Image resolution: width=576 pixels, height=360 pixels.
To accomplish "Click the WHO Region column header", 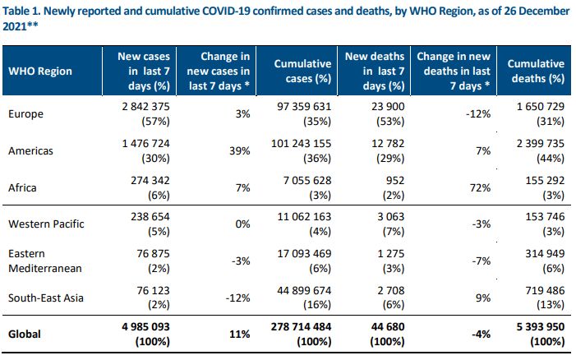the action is click(x=40, y=71).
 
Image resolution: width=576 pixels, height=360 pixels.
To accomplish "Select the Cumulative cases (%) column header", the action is click(x=302, y=71).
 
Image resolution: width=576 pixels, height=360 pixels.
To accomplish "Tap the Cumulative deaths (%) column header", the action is click(x=536, y=71).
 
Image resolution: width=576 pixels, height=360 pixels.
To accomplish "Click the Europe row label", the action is click(x=25, y=114).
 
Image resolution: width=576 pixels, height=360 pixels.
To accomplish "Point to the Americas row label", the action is click(x=30, y=150).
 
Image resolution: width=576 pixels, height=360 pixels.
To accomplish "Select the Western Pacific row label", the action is click(x=46, y=224).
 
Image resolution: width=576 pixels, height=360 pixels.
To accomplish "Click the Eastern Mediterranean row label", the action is click(x=45, y=261).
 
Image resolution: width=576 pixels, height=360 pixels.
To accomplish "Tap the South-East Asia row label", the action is click(x=46, y=298).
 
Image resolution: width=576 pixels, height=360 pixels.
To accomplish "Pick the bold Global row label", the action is click(x=25, y=335).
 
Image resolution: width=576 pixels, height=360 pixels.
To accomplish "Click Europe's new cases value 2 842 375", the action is click(x=145, y=107).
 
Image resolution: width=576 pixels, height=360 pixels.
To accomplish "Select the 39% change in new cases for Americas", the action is click(x=240, y=150).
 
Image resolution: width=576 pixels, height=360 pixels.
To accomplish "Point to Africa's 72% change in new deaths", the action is click(x=480, y=187).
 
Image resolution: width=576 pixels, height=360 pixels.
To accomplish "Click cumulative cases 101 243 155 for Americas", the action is click(x=302, y=143).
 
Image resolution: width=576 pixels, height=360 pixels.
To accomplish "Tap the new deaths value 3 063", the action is click(x=391, y=216).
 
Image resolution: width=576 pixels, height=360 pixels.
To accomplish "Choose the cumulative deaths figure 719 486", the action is click(x=545, y=290).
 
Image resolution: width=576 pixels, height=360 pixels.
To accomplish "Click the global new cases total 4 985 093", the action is click(x=145, y=326).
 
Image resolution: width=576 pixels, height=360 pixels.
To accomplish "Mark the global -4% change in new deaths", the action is click(x=482, y=335).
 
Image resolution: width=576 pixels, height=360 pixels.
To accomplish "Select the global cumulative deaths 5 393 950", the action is click(x=541, y=326).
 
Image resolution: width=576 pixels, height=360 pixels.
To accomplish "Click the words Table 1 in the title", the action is click(x=21, y=11).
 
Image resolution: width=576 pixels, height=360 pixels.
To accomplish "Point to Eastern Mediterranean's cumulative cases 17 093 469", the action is click(x=304, y=253).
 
